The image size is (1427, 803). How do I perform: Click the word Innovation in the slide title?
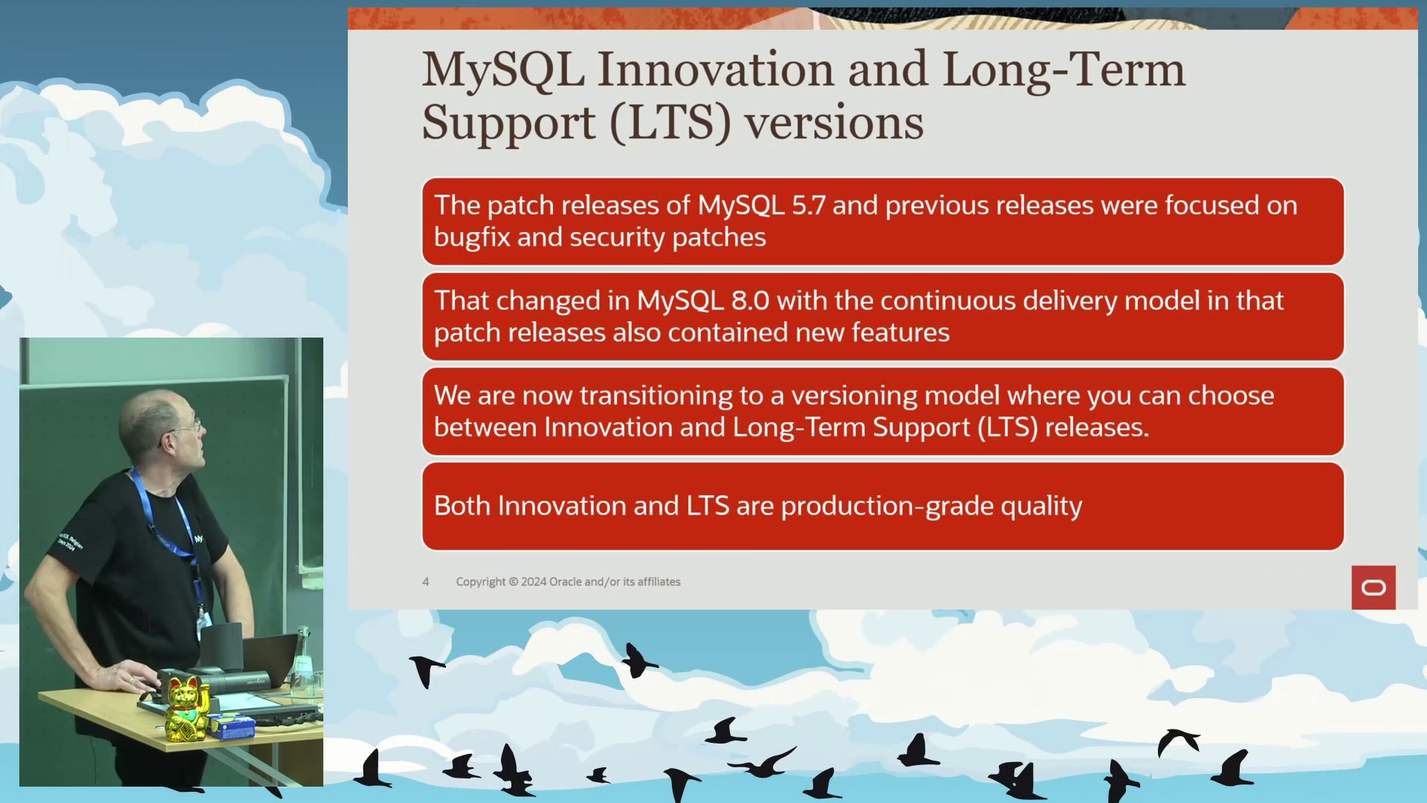(716, 69)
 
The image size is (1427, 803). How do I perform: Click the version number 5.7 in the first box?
(808, 205)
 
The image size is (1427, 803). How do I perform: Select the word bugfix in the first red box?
(472, 238)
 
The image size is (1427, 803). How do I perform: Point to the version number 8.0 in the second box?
(750, 300)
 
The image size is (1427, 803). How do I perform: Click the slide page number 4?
(426, 582)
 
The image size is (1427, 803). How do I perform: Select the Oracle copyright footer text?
(568, 582)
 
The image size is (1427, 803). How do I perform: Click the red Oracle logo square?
(1373, 587)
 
